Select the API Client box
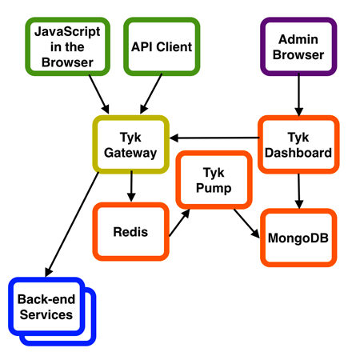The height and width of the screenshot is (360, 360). [162, 47]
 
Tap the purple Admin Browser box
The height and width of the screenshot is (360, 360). [299, 47]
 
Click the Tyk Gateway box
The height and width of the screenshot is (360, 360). [131, 144]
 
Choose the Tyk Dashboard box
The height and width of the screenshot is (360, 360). [298, 144]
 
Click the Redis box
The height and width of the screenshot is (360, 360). [131, 231]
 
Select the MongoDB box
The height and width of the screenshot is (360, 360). [298, 238]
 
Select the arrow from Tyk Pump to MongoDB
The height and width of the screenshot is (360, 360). [246, 223]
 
